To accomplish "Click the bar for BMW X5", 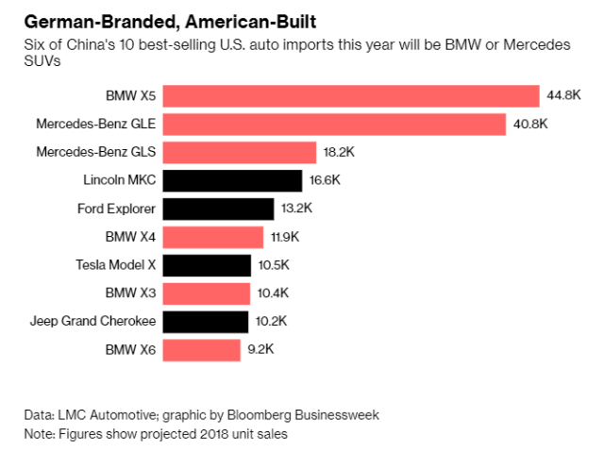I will coord(351,96).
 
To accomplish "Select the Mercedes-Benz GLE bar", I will coord(334,125).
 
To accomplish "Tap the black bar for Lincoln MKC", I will coord(232,181).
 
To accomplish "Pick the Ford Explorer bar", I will coord(220,210).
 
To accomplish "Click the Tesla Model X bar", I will coord(207,266).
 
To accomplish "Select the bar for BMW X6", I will coord(202,351).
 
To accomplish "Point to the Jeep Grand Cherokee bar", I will coord(206,323).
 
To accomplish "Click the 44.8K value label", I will coord(562,96).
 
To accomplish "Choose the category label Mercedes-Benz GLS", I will coord(96,153).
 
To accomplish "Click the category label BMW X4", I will coord(131,238).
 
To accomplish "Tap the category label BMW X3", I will coord(131,294).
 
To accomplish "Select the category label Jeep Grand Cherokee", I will coord(92,323).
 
